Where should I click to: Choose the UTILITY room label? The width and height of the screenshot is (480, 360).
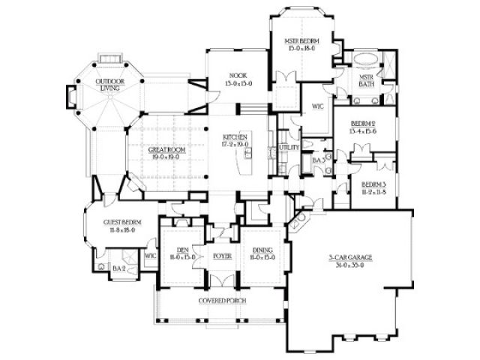click(289, 148)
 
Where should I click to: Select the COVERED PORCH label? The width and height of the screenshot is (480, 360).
click(223, 301)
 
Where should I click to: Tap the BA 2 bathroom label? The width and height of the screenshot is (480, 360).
click(118, 268)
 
